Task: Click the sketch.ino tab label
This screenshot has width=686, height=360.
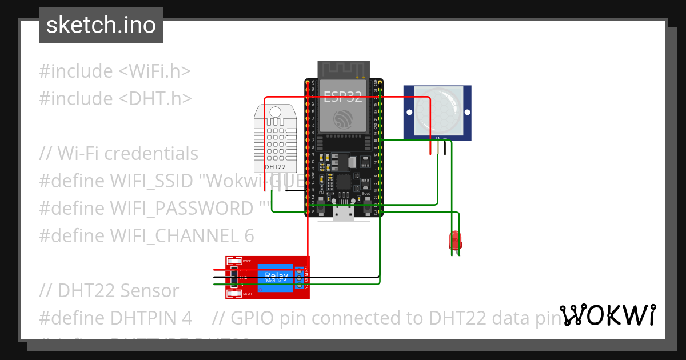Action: pyautogui.click(x=101, y=25)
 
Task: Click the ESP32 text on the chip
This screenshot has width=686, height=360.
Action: pyautogui.click(x=343, y=97)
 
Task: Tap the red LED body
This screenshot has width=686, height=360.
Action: pyautogui.click(x=455, y=239)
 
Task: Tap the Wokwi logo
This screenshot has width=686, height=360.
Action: pyautogui.click(x=607, y=315)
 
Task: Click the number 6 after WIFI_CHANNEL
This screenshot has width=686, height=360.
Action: pyautogui.click(x=249, y=235)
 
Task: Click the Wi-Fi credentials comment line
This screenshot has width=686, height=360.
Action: pyautogui.click(x=119, y=154)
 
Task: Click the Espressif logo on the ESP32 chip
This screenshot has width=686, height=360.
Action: pyautogui.click(x=343, y=119)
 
